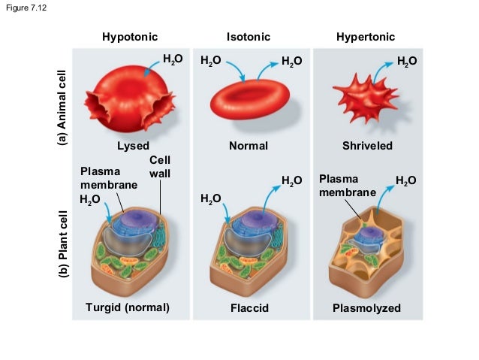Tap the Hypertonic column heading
[x=365, y=37]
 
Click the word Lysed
[x=133, y=145]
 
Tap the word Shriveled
[x=367, y=145]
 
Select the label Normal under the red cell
[x=248, y=145]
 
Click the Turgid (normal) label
[x=128, y=307]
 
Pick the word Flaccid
[x=249, y=308]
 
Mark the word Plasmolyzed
[x=366, y=308]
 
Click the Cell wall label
[x=160, y=167]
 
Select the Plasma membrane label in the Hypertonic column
[x=346, y=186]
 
